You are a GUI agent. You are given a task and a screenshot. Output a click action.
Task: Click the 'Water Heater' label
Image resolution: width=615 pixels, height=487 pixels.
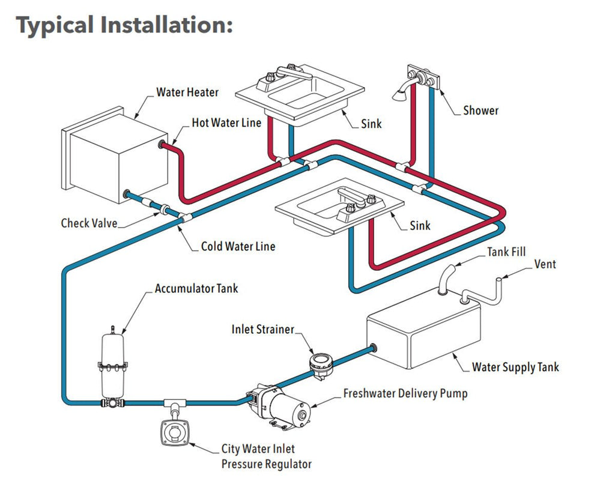(x=187, y=92)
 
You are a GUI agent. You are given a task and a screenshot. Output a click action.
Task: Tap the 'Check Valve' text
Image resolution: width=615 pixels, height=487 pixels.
(x=89, y=223)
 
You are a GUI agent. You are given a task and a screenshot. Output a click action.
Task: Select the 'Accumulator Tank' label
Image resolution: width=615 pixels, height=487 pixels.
(x=196, y=289)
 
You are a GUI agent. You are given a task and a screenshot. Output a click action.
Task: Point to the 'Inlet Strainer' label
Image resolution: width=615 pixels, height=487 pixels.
(x=263, y=330)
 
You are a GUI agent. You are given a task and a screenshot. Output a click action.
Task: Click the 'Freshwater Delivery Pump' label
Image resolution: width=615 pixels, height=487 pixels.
(x=405, y=394)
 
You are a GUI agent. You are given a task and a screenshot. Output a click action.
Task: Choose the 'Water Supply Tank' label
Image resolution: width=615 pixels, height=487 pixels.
(x=515, y=368)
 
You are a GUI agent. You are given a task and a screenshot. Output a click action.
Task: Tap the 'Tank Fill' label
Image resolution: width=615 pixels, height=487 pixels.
(x=506, y=252)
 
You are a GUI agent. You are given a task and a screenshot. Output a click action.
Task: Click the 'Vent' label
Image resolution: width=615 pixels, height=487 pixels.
(x=545, y=264)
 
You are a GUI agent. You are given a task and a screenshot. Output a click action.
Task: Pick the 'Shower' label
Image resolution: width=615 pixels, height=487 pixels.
(x=481, y=110)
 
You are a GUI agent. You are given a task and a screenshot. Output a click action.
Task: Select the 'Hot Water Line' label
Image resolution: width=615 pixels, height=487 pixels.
(x=226, y=123)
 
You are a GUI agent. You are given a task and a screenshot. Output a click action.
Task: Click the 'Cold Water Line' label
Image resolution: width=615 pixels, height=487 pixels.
(x=238, y=247)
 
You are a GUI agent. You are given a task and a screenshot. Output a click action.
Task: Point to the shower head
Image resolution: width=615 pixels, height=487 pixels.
(x=399, y=94)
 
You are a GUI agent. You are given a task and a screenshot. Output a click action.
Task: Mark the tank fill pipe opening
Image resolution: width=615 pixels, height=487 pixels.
(x=451, y=268)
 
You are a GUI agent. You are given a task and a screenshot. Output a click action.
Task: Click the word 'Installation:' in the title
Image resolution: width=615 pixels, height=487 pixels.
(x=166, y=26)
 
